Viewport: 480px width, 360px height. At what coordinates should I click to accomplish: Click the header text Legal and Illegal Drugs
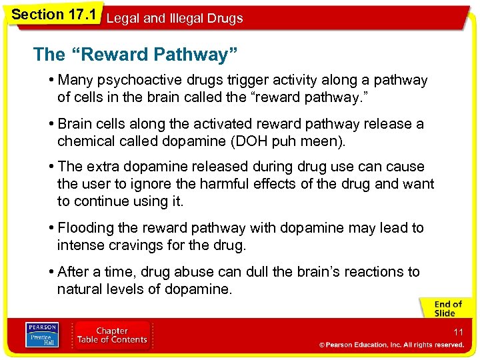pyautogui.click(x=175, y=19)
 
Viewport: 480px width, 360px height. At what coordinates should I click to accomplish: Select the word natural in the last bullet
pyautogui.click(x=79, y=289)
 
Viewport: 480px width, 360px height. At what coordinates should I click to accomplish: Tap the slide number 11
pyautogui.click(x=458, y=331)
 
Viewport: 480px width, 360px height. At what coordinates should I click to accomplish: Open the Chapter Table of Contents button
pyautogui.click(x=112, y=335)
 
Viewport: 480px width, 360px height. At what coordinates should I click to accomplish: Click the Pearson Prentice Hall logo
pyautogui.click(x=42, y=335)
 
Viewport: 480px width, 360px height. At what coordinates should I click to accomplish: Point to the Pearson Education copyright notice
pyautogui.click(x=391, y=345)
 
